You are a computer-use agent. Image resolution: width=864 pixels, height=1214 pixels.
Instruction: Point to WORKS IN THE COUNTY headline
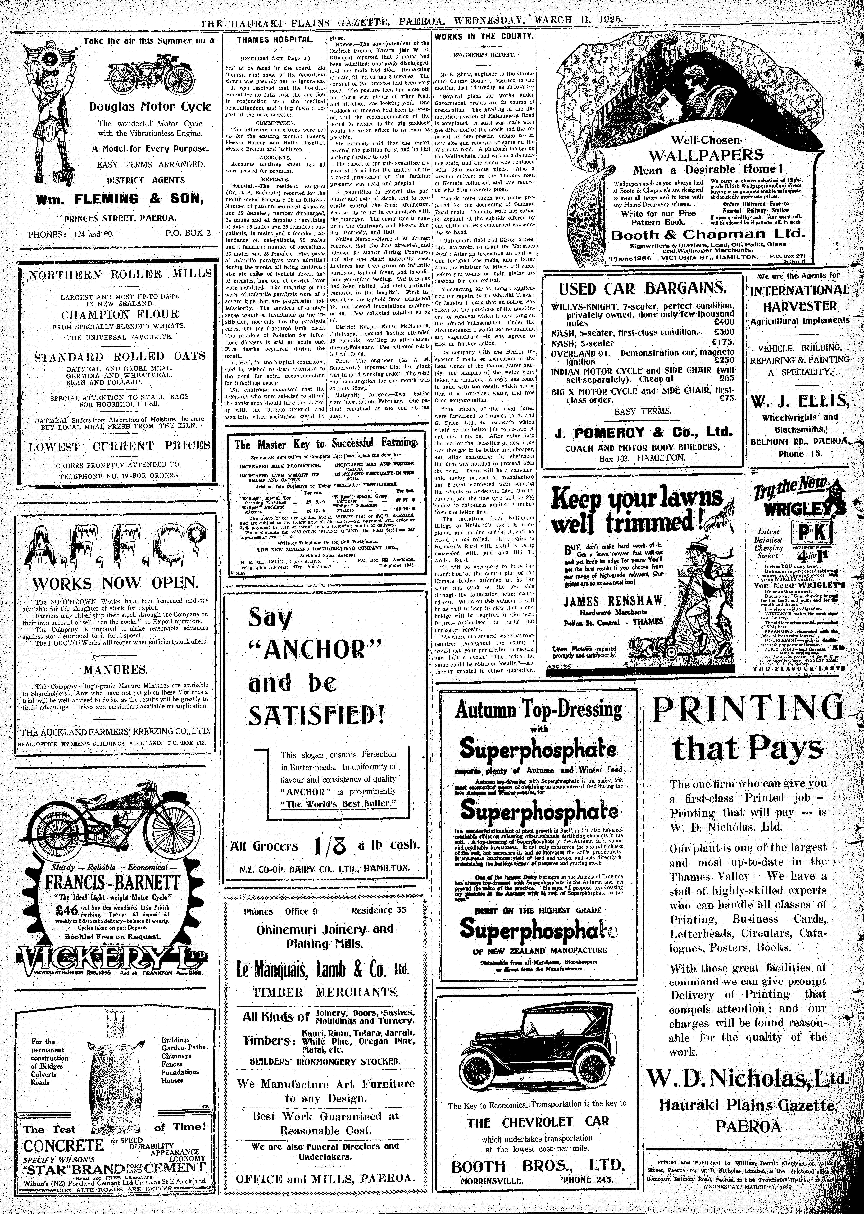tap(484, 36)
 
